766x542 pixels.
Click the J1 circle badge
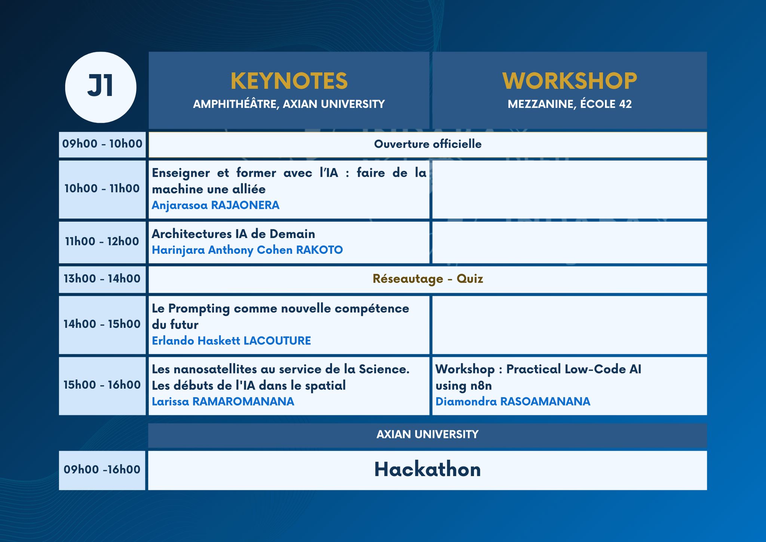point(101,87)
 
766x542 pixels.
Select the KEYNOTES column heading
point(289,81)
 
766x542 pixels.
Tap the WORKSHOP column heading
point(569,81)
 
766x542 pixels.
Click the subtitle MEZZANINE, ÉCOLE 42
point(569,104)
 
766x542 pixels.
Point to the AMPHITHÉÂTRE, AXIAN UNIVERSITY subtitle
point(289,104)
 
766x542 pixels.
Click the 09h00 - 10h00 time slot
point(102,144)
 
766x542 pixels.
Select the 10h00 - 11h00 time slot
point(102,189)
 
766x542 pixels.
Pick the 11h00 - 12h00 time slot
point(102,242)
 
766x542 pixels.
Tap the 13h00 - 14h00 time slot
point(102,279)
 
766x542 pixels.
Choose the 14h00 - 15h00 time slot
point(102,324)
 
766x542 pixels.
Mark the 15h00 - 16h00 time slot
point(102,385)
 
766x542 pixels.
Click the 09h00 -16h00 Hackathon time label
point(102,470)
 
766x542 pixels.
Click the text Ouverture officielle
point(428,144)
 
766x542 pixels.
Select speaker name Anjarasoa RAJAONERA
point(215,205)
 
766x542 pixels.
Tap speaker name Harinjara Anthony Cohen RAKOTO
point(247,250)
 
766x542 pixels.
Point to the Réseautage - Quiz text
point(428,279)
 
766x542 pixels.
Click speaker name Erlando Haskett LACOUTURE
point(231,341)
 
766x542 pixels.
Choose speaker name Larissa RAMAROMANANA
point(223,402)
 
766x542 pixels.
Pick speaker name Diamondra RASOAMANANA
point(513,402)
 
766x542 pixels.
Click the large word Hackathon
point(428,470)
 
